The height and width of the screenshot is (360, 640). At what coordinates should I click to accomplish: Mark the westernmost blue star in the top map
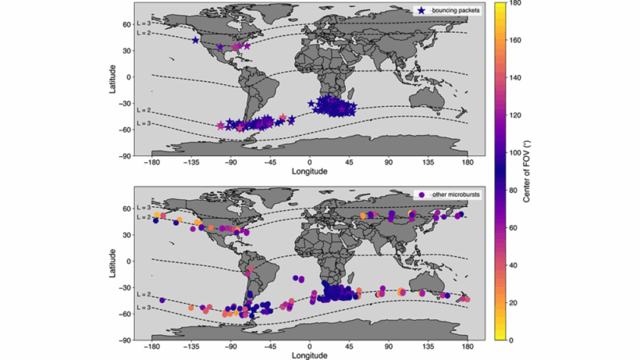(195, 41)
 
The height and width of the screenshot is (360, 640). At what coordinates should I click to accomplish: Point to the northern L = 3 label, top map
(143, 23)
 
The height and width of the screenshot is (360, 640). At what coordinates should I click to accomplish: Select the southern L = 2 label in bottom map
(143, 294)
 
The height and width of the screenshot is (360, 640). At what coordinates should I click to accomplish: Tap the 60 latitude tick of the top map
(127, 24)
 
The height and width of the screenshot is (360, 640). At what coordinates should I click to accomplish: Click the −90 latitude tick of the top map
(126, 155)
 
